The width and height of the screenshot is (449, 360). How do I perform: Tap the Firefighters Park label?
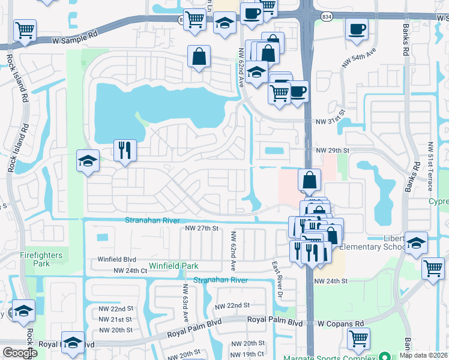[40, 259]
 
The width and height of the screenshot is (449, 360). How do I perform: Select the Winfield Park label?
[173, 266]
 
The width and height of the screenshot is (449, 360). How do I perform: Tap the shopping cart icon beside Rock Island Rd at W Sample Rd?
[25, 30]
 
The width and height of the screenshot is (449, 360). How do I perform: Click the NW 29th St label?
[333, 149]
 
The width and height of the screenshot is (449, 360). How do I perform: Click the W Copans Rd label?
[341, 323]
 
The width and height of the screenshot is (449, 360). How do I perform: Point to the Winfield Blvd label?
[118, 260]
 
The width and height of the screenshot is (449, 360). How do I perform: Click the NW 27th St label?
[201, 229]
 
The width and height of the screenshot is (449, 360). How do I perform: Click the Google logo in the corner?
[20, 352]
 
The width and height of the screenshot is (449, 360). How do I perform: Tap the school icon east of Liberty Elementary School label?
[416, 242]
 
